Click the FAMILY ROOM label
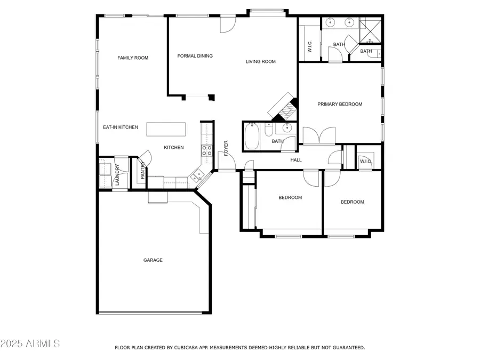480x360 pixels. (133, 58)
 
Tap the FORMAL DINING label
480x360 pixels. (195, 55)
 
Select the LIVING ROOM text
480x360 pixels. (260, 61)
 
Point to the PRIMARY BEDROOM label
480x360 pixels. (340, 104)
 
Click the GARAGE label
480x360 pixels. (153, 260)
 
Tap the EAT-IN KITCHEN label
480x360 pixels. (121, 127)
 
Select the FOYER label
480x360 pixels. (226, 148)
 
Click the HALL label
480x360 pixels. (295, 160)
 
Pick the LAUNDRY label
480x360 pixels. (117, 175)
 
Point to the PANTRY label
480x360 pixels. (142, 171)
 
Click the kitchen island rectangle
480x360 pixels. (166, 130)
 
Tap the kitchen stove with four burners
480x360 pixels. (206, 150)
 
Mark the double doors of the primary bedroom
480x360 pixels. (319, 136)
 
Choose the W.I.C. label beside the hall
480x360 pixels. (365, 162)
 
